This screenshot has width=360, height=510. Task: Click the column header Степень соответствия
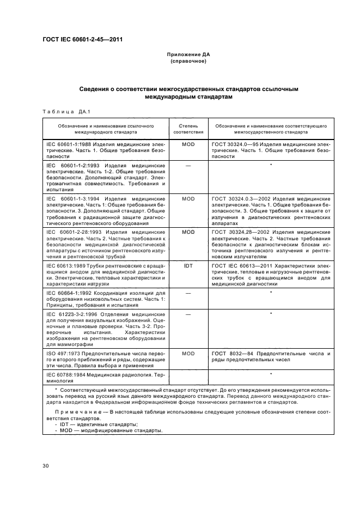point(188,129)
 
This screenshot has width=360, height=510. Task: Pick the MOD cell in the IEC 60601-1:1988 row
point(188,144)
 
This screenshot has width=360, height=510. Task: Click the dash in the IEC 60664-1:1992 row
point(188,293)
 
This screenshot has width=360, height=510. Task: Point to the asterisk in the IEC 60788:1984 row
point(271,374)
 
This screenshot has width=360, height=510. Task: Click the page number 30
point(46,466)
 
